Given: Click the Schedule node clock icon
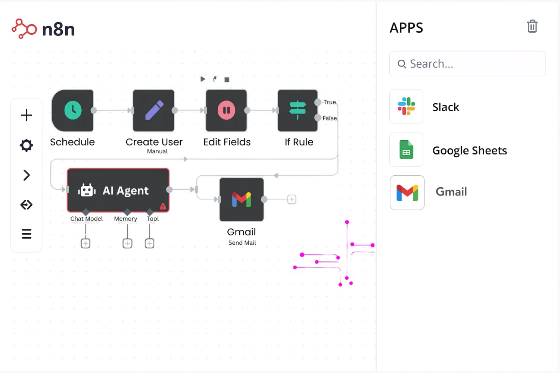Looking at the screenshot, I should tap(73, 110).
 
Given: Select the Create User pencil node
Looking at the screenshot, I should tap(154, 110).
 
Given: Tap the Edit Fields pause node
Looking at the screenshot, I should tap(226, 110).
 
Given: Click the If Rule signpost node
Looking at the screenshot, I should tap(298, 110).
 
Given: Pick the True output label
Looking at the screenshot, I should tap(330, 102).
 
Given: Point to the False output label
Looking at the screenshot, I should tap(330, 118).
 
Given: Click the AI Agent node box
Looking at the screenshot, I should tap(118, 190).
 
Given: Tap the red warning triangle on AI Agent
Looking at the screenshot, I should tap(163, 206).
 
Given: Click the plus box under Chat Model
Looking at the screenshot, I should tap(85, 244).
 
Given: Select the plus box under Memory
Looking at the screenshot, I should tap(127, 244).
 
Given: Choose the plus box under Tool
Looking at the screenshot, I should tap(149, 244).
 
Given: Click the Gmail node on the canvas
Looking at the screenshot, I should tap(242, 200).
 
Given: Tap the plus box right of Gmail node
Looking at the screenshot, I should tap(292, 200).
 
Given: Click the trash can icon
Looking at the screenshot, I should tap(532, 26).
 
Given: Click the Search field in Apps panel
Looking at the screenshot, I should tap(467, 64).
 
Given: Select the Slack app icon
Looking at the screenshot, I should tap(406, 106).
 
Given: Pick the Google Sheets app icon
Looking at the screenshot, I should tap(406, 150).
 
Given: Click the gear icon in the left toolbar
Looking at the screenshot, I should tap(27, 145).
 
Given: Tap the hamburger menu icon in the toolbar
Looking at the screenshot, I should tap(27, 234).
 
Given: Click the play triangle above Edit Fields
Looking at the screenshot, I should tap(203, 79).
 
